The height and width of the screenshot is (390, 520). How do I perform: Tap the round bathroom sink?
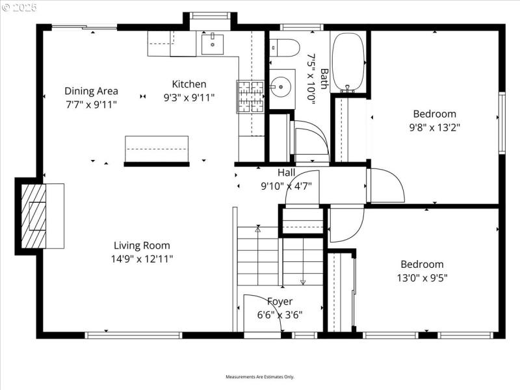[281, 85]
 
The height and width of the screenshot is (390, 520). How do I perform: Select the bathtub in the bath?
[348, 62]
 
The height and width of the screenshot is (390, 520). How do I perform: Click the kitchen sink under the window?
[213, 44]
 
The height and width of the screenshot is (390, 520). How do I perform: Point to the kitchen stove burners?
[250, 96]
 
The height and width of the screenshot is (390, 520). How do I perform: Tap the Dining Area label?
[91, 91]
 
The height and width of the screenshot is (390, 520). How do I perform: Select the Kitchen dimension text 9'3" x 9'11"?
[188, 97]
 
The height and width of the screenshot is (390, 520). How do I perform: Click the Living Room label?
[142, 245]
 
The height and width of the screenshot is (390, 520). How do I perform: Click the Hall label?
[286, 172]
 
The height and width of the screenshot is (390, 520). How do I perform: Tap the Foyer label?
[280, 302]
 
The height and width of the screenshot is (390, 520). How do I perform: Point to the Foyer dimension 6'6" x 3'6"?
[279, 315]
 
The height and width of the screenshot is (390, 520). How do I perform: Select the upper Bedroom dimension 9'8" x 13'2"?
[434, 127]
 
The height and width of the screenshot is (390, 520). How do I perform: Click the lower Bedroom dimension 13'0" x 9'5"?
[422, 278]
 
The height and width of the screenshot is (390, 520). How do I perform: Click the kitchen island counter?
[156, 149]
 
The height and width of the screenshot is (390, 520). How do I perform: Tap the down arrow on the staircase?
[303, 281]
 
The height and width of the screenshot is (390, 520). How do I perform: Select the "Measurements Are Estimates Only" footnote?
[260, 377]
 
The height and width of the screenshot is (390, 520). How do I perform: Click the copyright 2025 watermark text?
[19, 6]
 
